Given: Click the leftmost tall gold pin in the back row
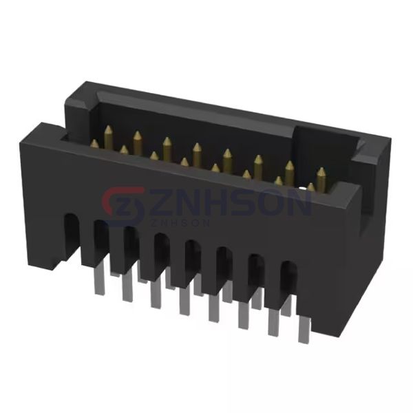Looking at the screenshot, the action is (x=109, y=136).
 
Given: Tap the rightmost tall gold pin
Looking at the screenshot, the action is (x=321, y=180).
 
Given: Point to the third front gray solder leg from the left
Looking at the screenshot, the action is (x=156, y=293).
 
